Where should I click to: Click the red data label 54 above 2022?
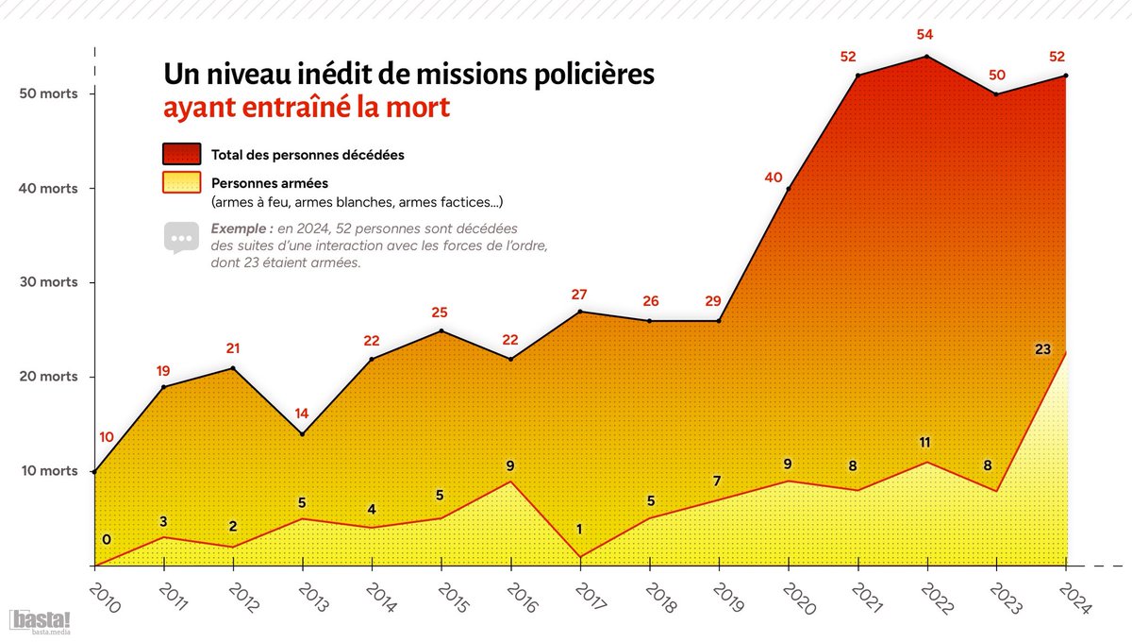tap(926, 35)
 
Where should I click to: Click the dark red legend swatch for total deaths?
tap(181, 154)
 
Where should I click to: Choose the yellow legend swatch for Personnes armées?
tap(181, 182)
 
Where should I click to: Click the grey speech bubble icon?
tap(181, 237)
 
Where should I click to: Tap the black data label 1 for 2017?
tap(580, 530)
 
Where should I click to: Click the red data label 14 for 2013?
tap(302, 413)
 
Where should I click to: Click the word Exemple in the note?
tap(242, 228)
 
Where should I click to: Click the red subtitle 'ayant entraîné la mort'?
tap(307, 107)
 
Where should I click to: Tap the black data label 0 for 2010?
tap(106, 539)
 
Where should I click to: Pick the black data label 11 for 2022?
tap(926, 442)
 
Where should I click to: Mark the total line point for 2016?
tap(510, 359)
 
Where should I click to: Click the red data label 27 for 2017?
tap(580, 295)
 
